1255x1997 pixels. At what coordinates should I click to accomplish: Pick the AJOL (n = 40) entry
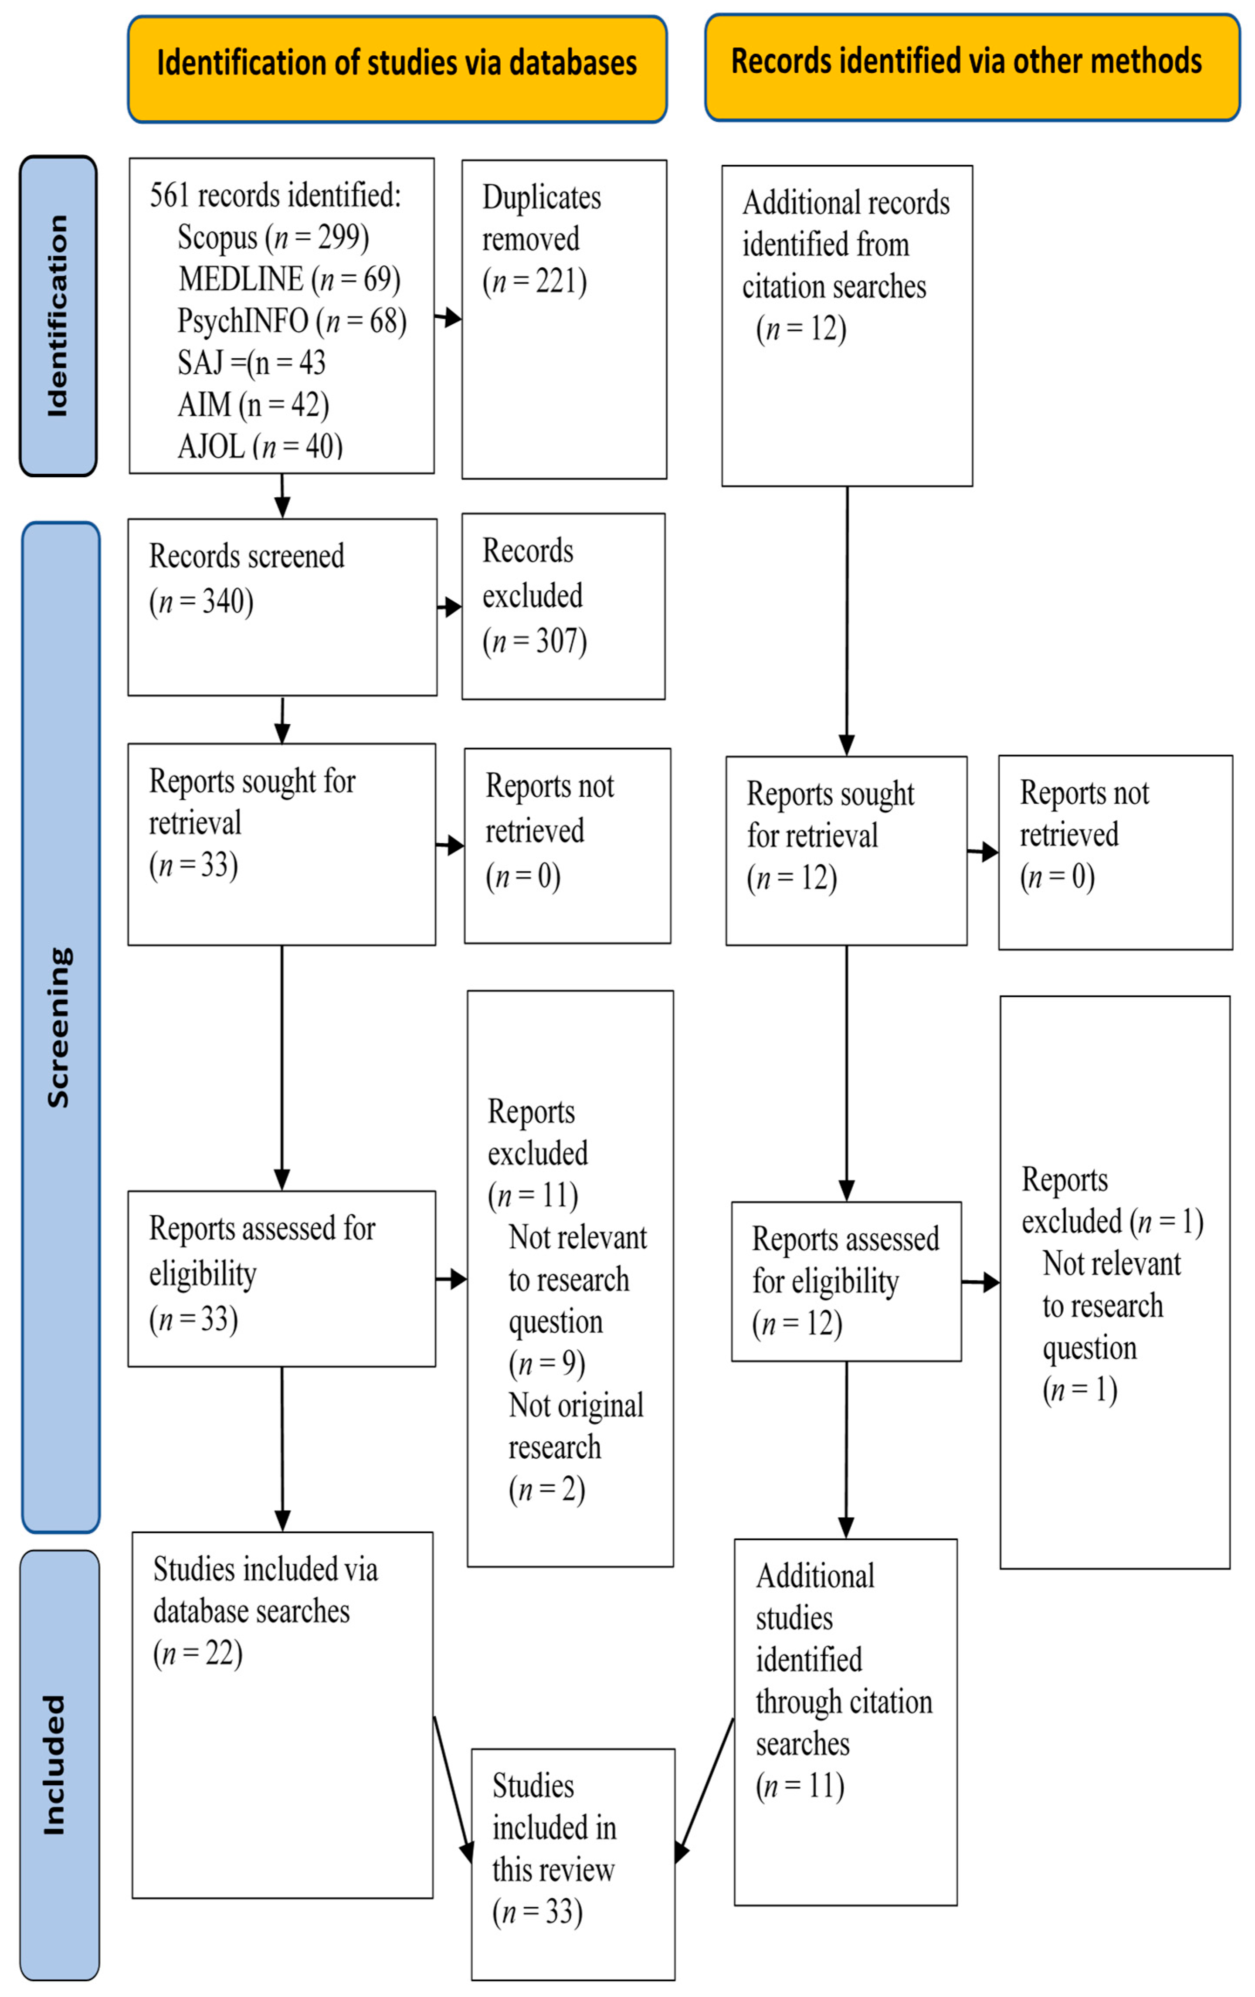click(x=259, y=447)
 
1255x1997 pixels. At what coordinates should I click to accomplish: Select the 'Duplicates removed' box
click(x=564, y=319)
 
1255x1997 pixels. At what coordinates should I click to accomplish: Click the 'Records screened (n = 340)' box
click(x=282, y=607)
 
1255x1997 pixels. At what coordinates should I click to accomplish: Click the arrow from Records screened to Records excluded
click(x=449, y=607)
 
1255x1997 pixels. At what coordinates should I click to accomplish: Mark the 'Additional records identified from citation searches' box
click(x=846, y=325)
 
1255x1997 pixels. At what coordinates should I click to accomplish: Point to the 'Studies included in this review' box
click(x=573, y=1864)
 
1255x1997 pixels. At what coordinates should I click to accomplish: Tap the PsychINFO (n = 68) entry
click(x=292, y=321)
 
